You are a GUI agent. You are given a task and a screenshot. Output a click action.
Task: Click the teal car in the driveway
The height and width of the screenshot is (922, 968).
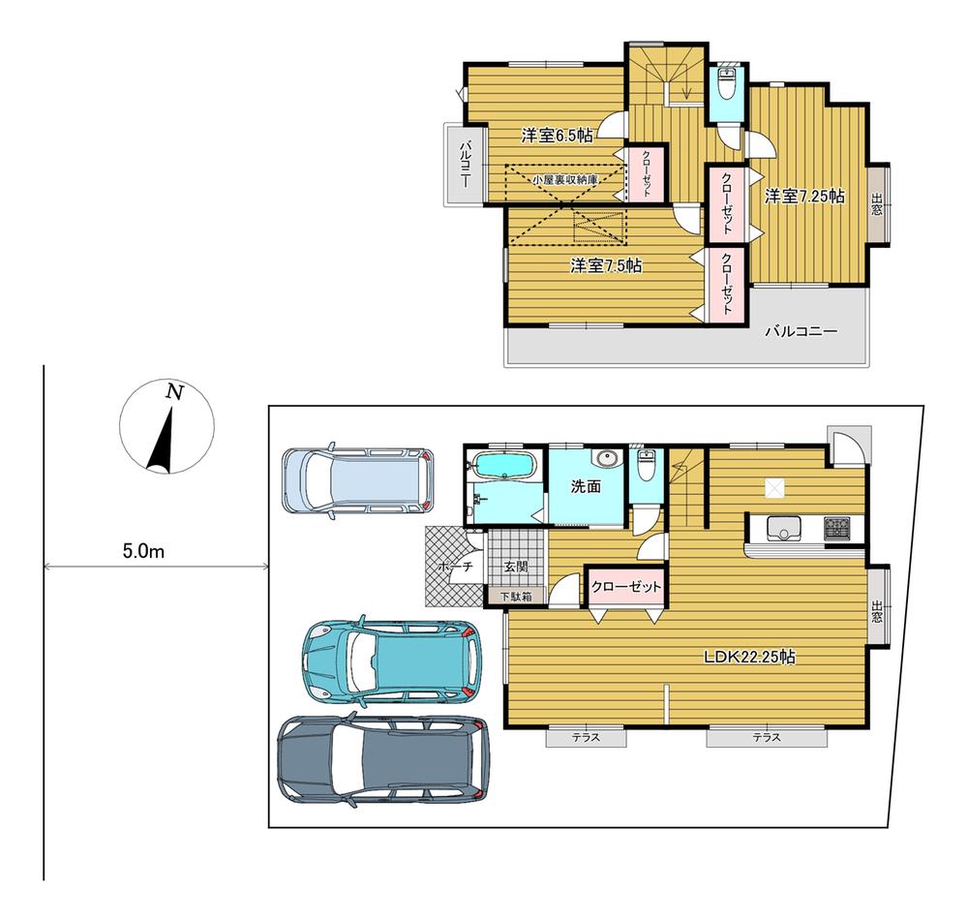[x=390, y=661]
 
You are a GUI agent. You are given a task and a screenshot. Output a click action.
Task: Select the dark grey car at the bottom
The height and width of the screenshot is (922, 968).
[x=382, y=761]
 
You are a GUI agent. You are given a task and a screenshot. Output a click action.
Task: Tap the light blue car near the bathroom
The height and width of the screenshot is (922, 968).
[x=358, y=480]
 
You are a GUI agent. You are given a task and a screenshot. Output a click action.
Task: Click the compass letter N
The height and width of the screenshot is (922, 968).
[x=175, y=393]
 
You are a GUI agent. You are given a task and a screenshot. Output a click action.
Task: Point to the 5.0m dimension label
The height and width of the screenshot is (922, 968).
[x=144, y=551]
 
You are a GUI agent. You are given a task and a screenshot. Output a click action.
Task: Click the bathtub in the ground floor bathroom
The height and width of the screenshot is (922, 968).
[x=504, y=466]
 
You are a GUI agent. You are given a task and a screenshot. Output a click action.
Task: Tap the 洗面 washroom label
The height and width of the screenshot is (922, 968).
[x=586, y=486]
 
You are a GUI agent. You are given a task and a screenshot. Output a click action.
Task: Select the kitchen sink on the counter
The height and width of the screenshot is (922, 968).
[x=785, y=529]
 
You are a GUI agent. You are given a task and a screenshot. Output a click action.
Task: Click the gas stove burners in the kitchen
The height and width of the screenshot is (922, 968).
[x=836, y=529]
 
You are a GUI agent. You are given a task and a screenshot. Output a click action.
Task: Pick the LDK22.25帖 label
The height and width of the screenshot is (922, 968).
[x=749, y=657]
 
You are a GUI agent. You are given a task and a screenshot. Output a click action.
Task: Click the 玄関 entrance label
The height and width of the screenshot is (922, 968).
[x=516, y=567]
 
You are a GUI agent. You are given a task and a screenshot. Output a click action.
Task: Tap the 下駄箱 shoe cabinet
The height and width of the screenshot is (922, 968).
[x=516, y=597]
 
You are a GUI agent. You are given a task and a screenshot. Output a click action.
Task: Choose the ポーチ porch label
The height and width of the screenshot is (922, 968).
[x=455, y=567]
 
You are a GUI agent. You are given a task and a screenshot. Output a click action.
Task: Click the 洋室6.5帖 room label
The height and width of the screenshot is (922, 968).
[x=557, y=136]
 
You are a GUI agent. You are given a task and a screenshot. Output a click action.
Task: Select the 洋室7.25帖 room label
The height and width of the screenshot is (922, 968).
[x=804, y=197]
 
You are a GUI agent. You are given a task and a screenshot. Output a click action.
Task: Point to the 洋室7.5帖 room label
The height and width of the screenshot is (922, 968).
[x=606, y=266]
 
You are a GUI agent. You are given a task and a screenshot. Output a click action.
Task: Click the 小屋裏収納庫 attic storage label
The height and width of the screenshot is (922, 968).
[x=566, y=180]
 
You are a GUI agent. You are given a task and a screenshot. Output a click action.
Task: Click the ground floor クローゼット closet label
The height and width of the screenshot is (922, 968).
[x=626, y=587]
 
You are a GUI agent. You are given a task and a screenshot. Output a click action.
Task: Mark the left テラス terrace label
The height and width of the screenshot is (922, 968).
[x=586, y=737]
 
